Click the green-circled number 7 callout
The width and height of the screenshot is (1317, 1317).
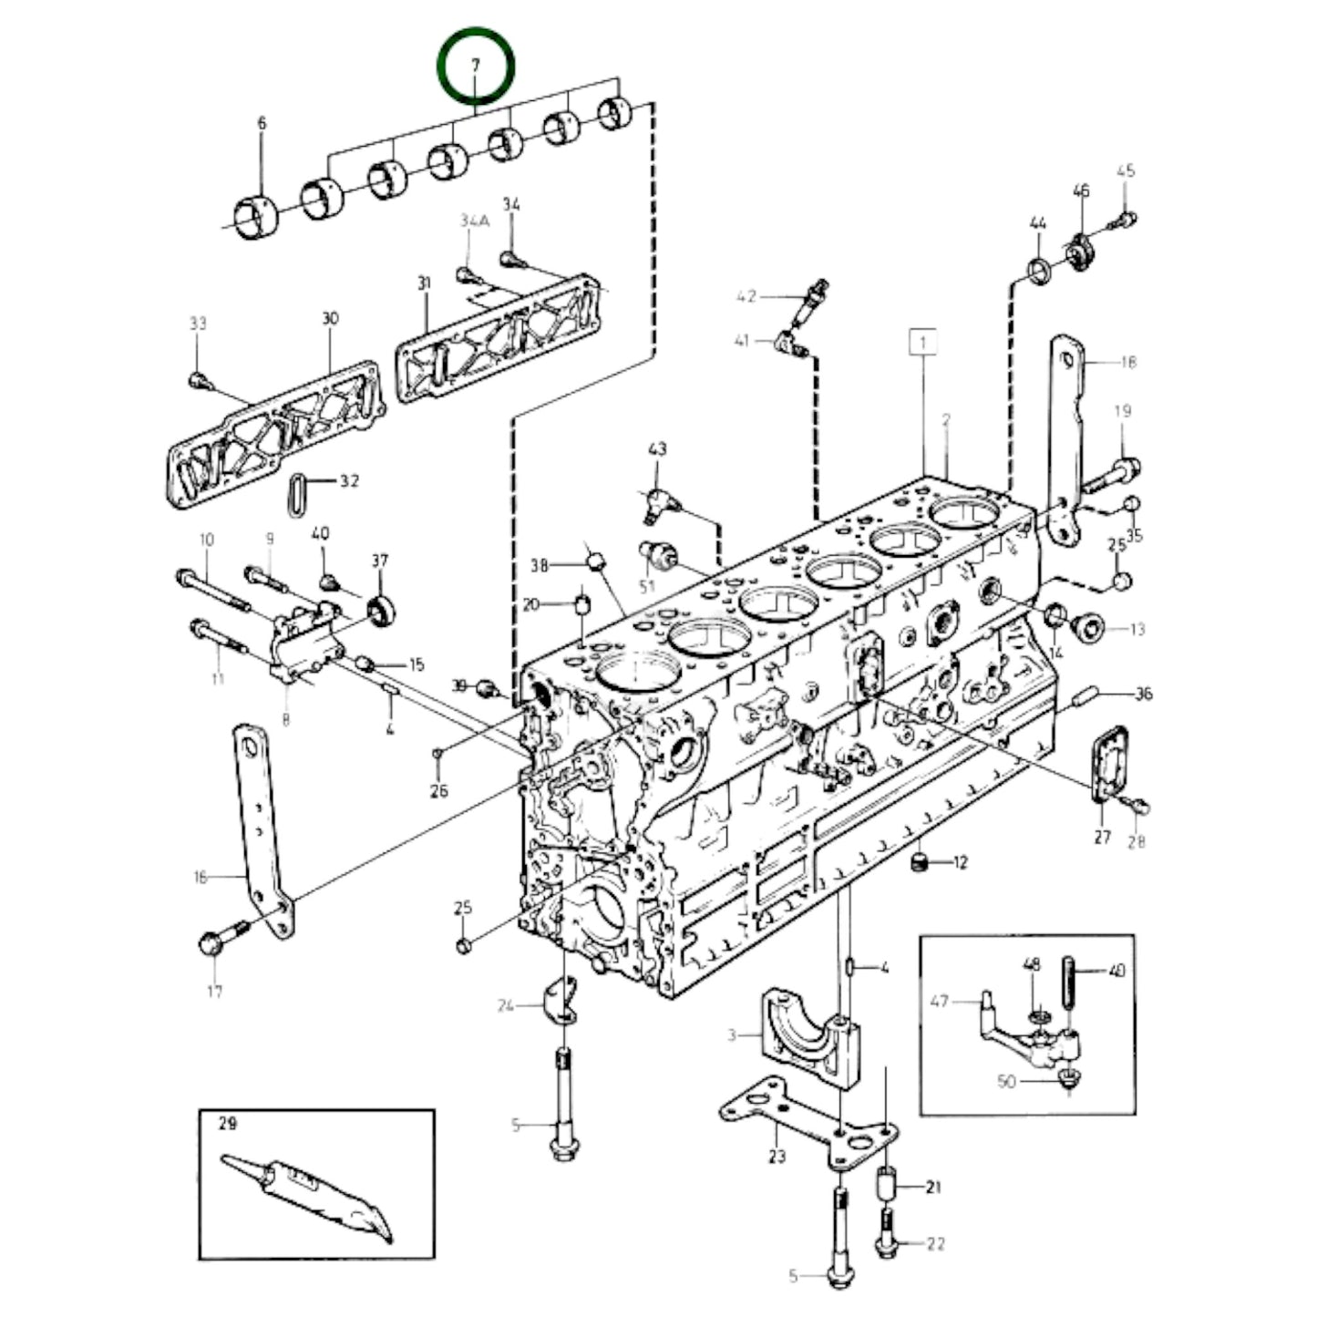tap(475, 67)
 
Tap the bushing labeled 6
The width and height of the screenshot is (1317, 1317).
tap(257, 218)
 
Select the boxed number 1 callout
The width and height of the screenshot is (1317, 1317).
tap(923, 343)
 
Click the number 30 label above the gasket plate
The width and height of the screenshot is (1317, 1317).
tap(330, 318)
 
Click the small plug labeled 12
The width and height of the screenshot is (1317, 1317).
tap(921, 861)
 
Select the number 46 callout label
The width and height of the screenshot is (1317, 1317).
tap(1081, 190)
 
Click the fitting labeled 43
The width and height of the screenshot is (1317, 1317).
tap(657, 499)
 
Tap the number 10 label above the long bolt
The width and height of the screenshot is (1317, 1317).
tap(207, 540)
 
